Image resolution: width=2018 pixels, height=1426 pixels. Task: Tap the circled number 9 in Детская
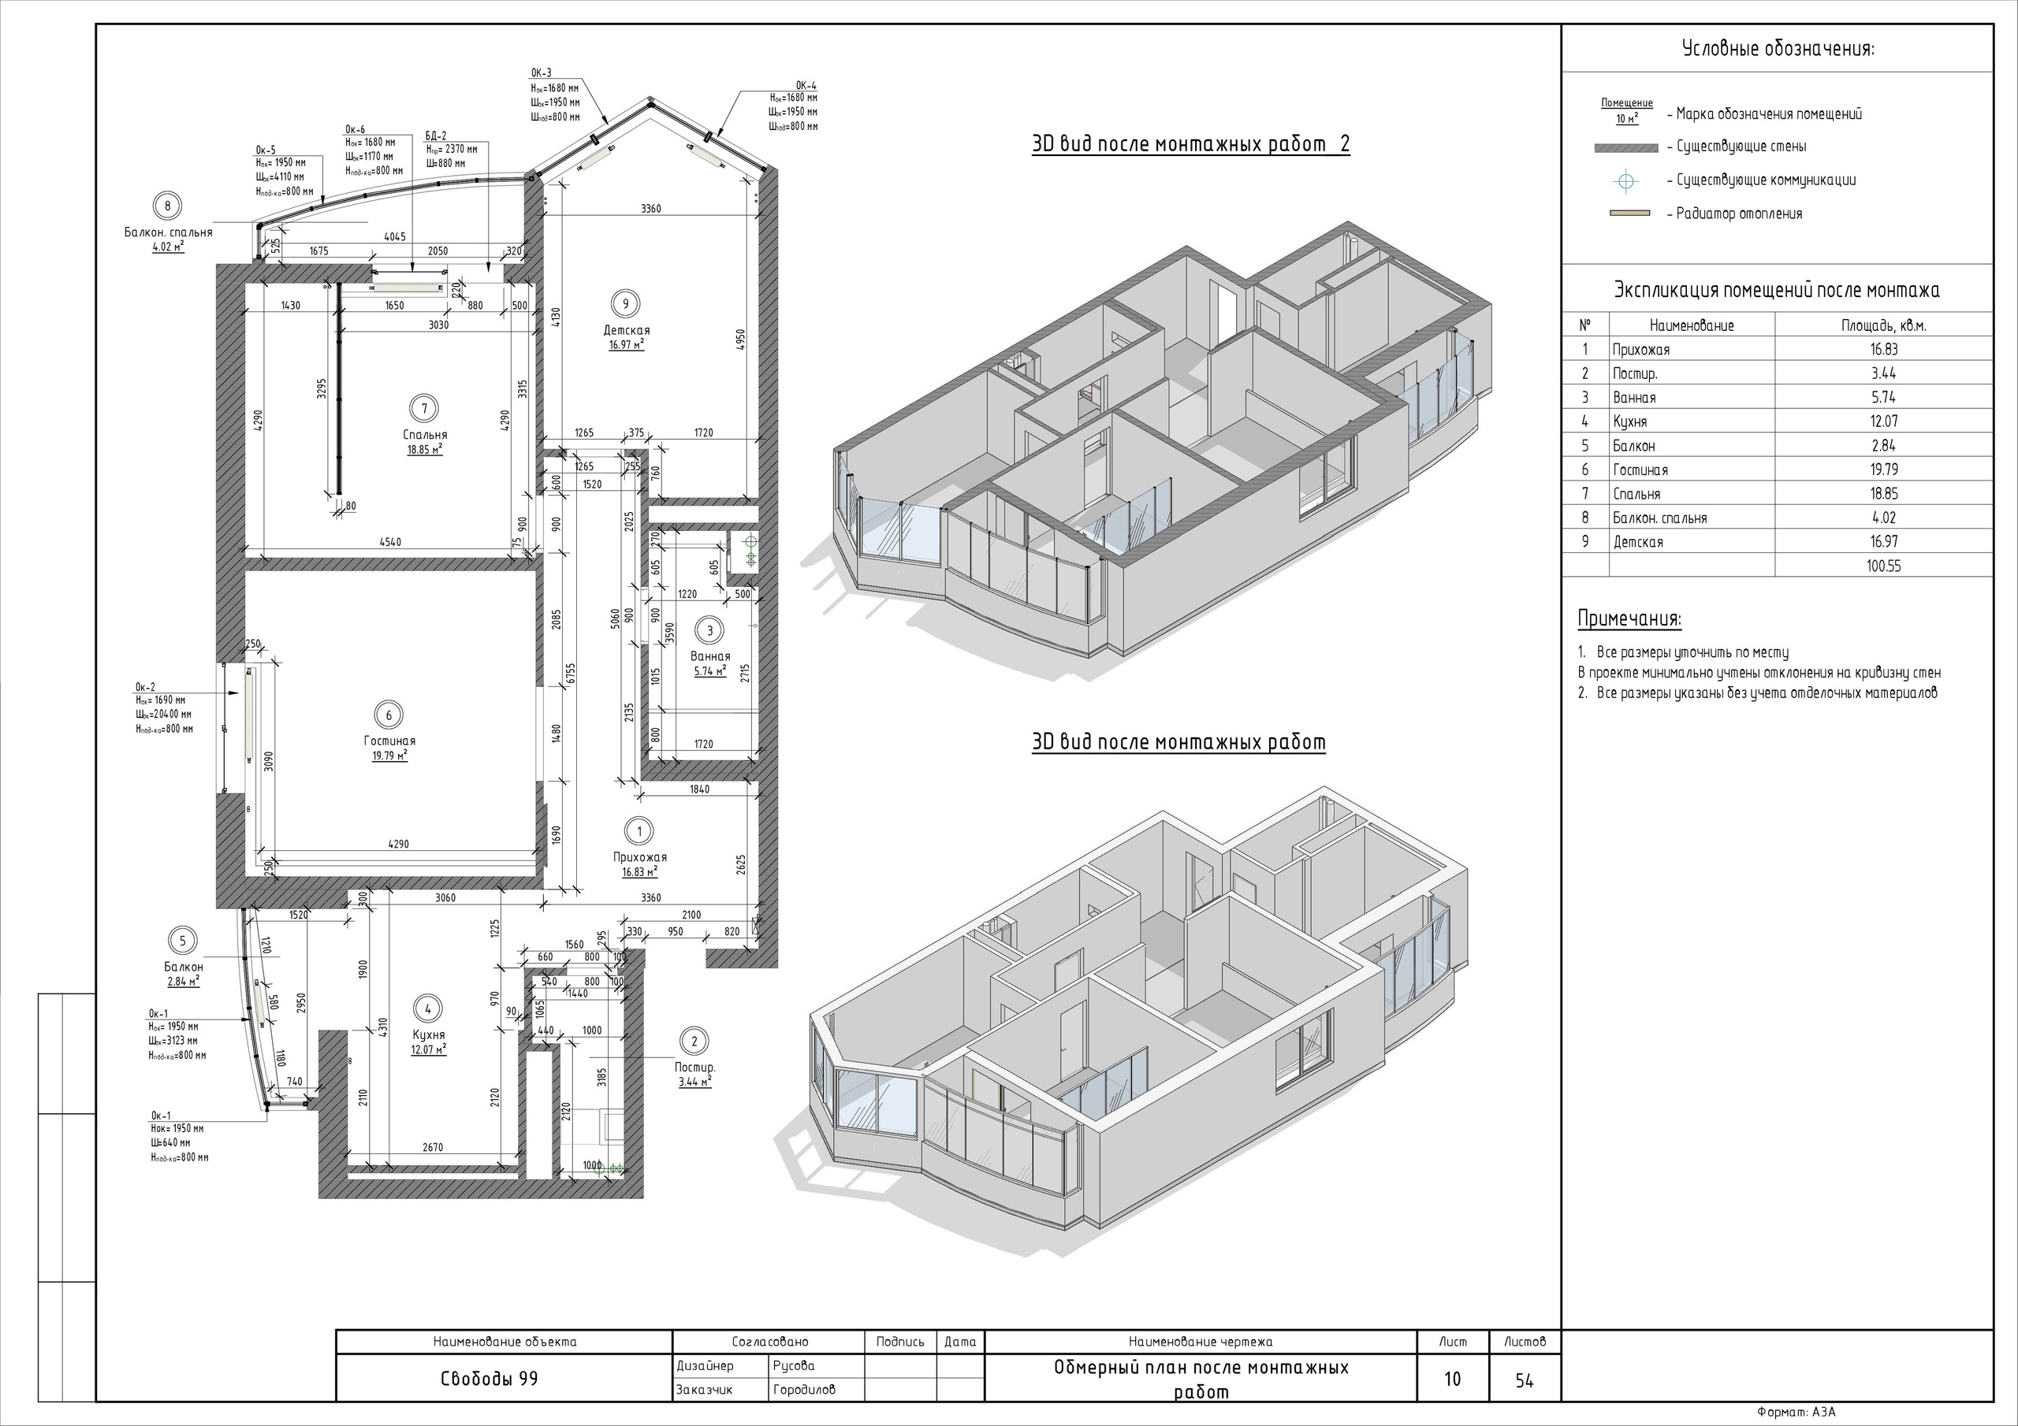pos(626,304)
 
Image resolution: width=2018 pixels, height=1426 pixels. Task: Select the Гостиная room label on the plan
pos(389,741)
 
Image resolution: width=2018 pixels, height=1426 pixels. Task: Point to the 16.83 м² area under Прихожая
pos(640,872)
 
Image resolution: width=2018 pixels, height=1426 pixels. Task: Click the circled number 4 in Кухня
pos(428,1008)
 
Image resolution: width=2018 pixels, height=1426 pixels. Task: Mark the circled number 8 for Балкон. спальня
pos(167,206)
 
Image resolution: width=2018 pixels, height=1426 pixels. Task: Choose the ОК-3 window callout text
pos(542,73)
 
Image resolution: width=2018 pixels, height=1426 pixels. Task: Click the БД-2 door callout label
pos(436,136)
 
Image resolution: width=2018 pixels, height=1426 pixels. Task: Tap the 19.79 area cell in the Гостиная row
pos(1883,470)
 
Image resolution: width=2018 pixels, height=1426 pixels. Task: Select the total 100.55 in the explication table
pos(1883,566)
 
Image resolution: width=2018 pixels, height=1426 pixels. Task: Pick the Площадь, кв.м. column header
pos(1883,326)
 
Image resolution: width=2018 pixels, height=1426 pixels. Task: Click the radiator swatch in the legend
pos(1629,214)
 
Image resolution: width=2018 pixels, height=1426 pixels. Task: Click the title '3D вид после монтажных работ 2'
pos(1191,145)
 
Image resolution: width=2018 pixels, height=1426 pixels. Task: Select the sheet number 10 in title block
pos(1453,1379)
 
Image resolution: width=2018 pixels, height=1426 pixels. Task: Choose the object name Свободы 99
pos(489,1379)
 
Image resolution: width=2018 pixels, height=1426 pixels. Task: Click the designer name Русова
pos(794,1365)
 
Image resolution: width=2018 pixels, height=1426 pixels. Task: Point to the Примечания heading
pos(1629,618)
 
